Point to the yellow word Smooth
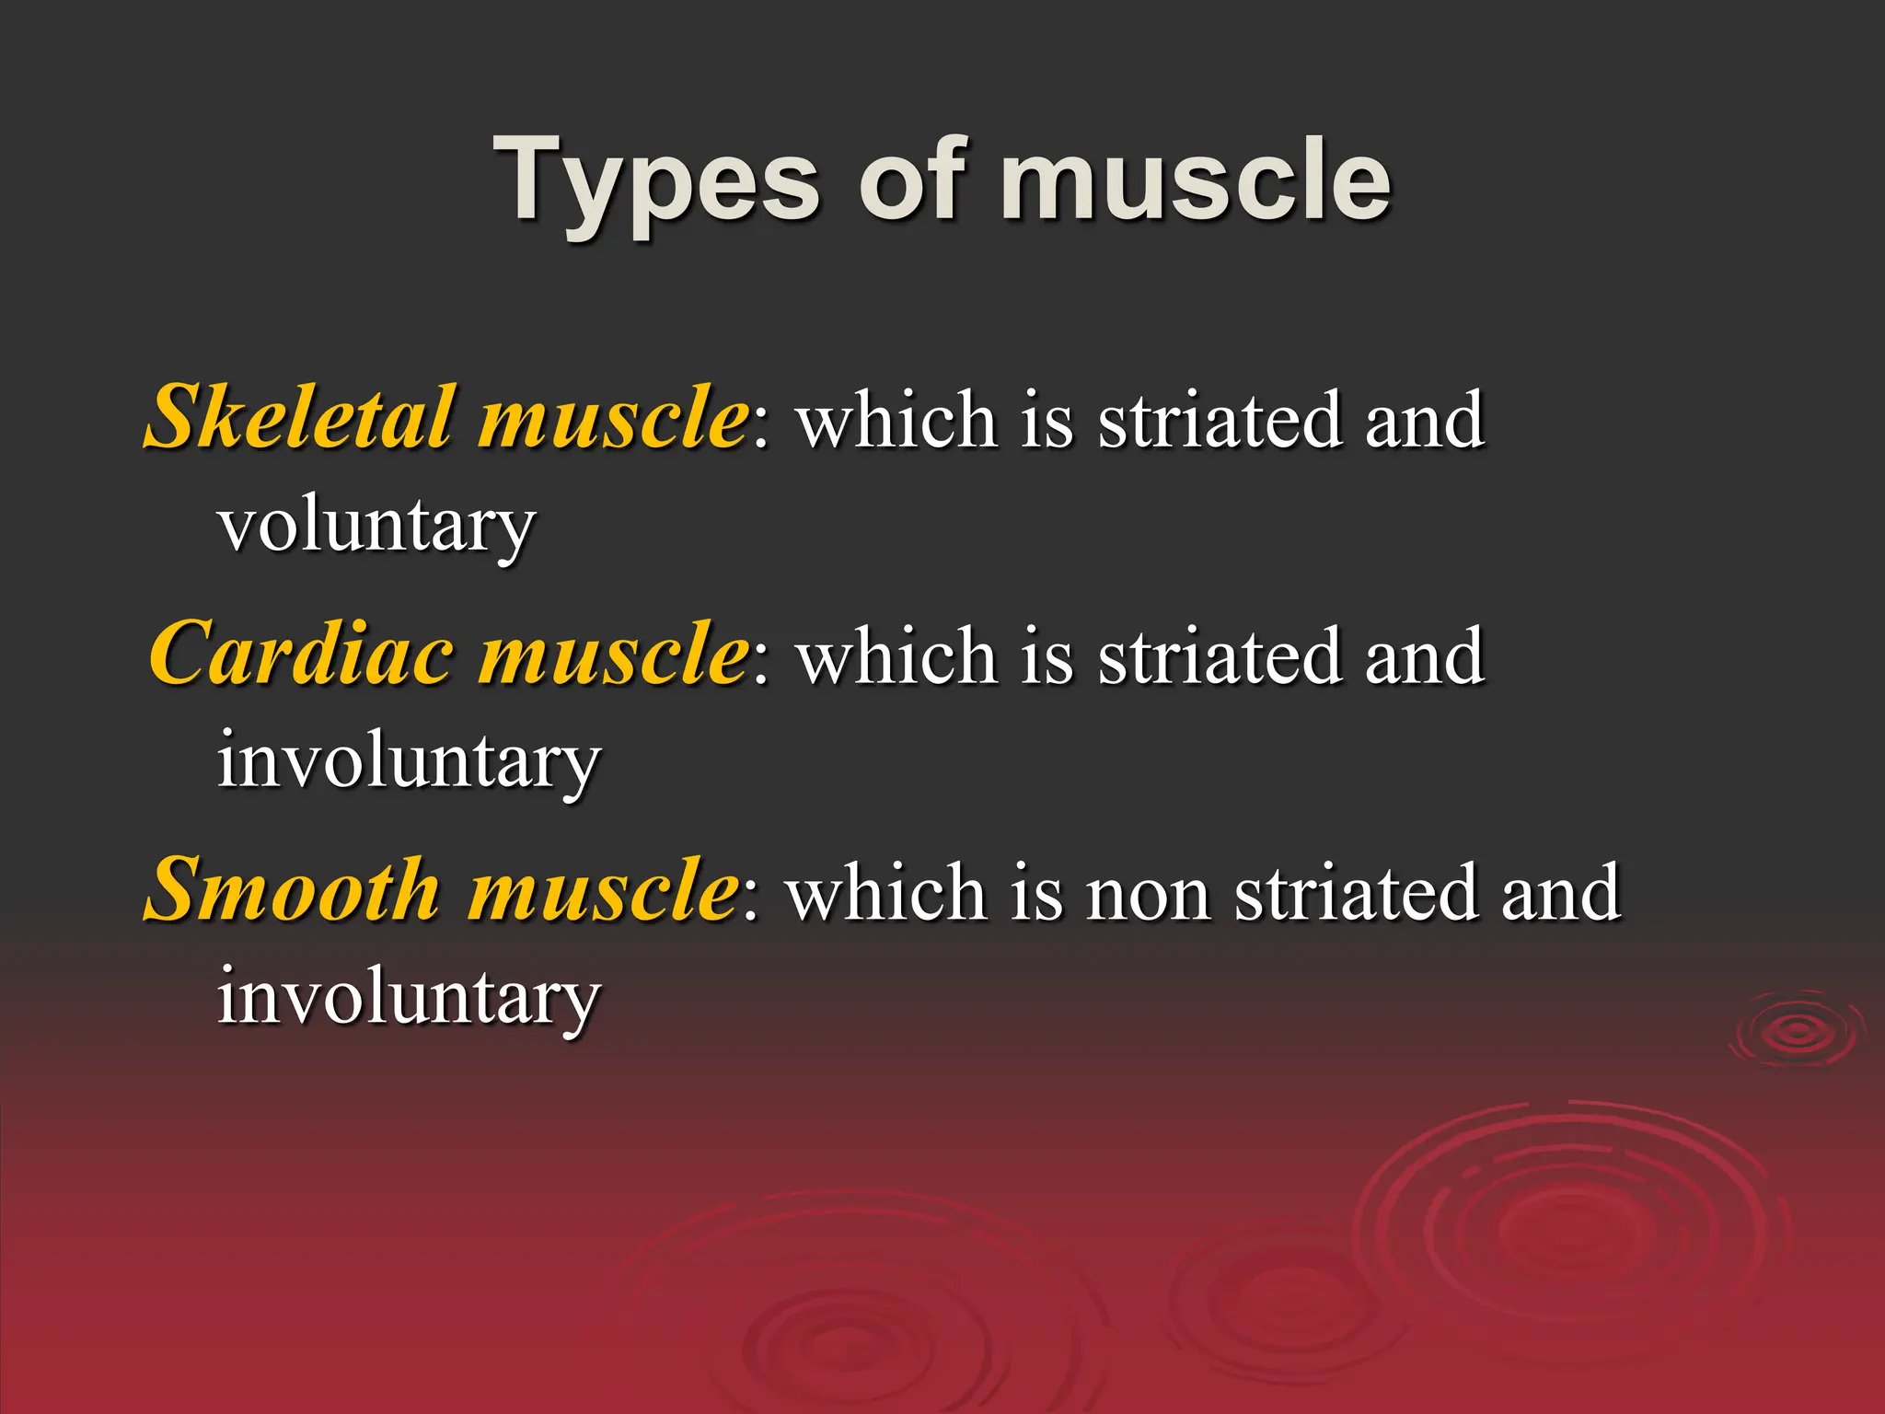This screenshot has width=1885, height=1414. [x=293, y=890]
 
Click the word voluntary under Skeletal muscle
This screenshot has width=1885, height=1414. [x=376, y=527]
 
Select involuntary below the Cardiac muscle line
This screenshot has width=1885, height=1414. [x=409, y=762]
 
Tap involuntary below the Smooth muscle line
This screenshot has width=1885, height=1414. [x=409, y=998]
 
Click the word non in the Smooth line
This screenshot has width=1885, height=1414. [x=1147, y=893]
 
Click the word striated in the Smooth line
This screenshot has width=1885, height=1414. [x=1353, y=893]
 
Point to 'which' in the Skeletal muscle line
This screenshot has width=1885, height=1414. [x=897, y=421]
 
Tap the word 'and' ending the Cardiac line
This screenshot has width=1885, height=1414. [x=1424, y=656]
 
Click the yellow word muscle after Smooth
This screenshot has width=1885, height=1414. [x=602, y=890]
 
